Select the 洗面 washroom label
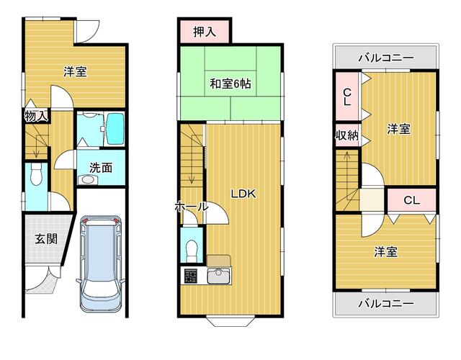(100, 167)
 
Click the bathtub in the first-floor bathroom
(114, 128)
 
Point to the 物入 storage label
(36, 116)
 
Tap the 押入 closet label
(204, 32)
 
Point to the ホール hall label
(190, 207)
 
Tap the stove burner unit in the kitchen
(192, 275)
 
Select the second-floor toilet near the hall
(191, 249)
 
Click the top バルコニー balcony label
(386, 57)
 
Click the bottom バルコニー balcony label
(386, 303)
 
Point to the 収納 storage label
(346, 135)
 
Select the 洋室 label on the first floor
(74, 71)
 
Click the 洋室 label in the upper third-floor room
(399, 129)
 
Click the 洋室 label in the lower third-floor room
(385, 252)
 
